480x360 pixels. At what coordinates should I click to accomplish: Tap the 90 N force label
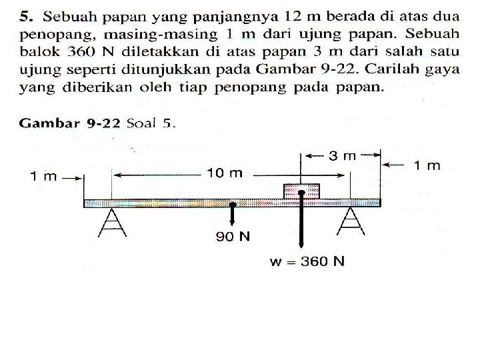pos(233,236)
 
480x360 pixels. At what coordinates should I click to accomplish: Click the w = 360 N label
pos(307,261)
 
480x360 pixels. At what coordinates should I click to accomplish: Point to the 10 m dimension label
pos(225,173)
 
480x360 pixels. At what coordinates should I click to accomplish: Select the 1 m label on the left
pos(44,176)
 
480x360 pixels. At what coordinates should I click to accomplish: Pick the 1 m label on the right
pos(427,165)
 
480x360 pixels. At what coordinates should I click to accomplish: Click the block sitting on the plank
pos(301,191)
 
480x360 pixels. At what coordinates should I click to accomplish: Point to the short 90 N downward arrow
pos(233,215)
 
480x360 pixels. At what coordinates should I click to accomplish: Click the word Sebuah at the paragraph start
pos(64,15)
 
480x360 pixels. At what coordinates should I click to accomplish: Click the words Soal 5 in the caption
pos(154,123)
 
